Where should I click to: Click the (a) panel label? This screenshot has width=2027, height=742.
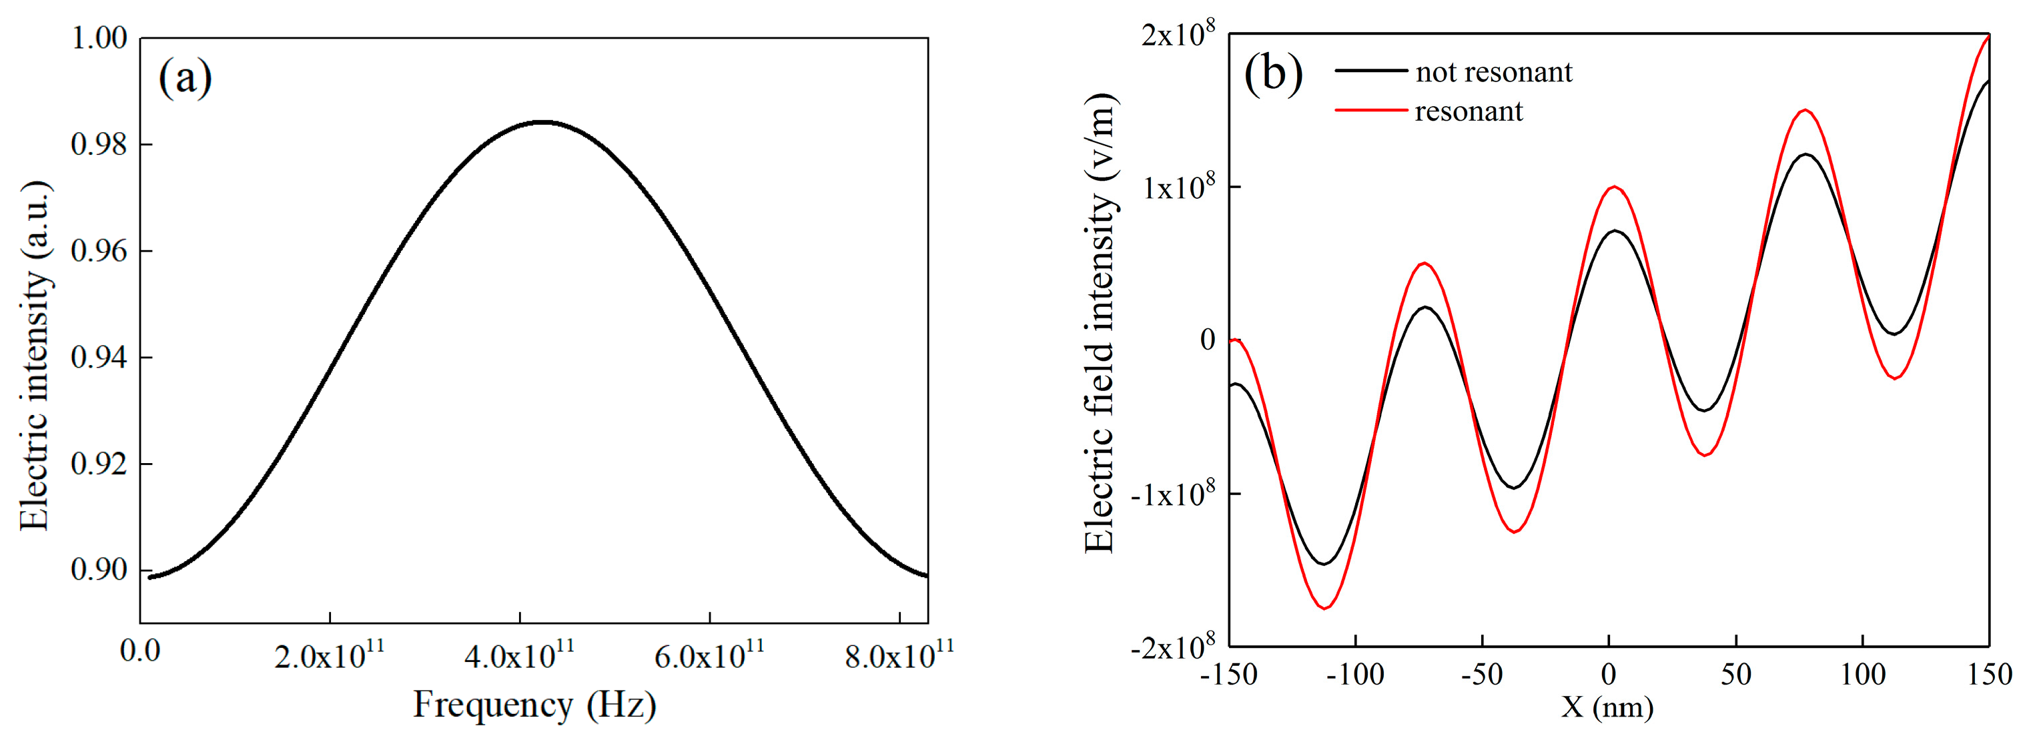pos(185,79)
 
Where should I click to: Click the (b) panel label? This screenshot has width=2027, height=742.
pos(1272,73)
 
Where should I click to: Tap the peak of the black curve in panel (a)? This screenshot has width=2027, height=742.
pos(543,122)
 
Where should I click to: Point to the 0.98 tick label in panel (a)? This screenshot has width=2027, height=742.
pos(99,145)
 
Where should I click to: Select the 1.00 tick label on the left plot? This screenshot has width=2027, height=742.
pos(99,38)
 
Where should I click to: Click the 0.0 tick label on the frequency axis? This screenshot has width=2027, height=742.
pos(140,651)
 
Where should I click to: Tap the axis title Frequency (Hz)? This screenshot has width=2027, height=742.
pos(534,705)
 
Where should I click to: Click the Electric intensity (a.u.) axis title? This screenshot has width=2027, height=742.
pos(35,356)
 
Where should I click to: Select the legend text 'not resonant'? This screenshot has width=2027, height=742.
pos(1493,72)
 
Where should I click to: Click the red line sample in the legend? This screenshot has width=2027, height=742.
pos(1370,111)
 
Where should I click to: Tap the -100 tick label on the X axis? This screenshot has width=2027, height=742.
pos(1355,675)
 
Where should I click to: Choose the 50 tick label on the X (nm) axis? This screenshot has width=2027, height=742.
pos(1735,675)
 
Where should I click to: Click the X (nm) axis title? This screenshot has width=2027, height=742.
pos(1607,707)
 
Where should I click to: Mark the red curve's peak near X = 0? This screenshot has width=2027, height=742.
pos(1614,188)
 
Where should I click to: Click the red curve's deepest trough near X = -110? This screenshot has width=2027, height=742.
pos(1325,607)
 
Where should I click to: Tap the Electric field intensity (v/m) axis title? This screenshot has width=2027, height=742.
pos(1101,322)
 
